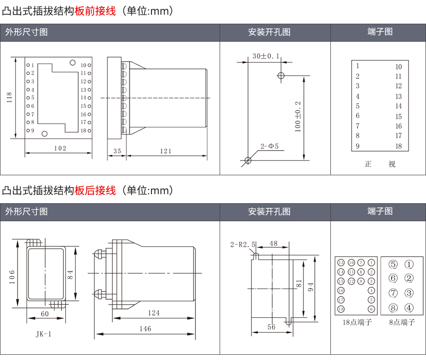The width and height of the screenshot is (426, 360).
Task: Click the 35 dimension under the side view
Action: pyautogui.click(x=117, y=151)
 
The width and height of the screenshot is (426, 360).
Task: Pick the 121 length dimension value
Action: pyautogui.click(x=166, y=151)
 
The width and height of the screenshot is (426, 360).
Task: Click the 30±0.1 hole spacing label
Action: pyautogui.click(x=266, y=56)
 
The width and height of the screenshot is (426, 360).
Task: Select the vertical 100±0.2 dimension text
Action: pyautogui.click(x=298, y=116)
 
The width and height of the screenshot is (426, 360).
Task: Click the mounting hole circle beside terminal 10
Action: pyautogui.click(x=72, y=62)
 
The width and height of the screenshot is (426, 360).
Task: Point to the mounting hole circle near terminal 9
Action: pyautogui.click(x=44, y=134)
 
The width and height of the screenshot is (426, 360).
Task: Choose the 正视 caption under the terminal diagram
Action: pyautogui.click(x=380, y=164)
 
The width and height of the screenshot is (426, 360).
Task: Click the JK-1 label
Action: pyautogui.click(x=43, y=334)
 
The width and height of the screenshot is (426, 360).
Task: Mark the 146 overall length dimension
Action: pyautogui.click(x=145, y=328)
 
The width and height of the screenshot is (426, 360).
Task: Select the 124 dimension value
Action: pyautogui.click(x=153, y=313)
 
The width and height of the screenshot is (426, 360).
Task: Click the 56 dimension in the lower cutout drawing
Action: pyautogui.click(x=271, y=327)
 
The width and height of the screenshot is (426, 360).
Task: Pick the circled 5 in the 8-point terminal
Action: pyautogui.click(x=393, y=264)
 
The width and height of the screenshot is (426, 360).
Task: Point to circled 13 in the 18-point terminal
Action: pyautogui.click(x=341, y=262)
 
